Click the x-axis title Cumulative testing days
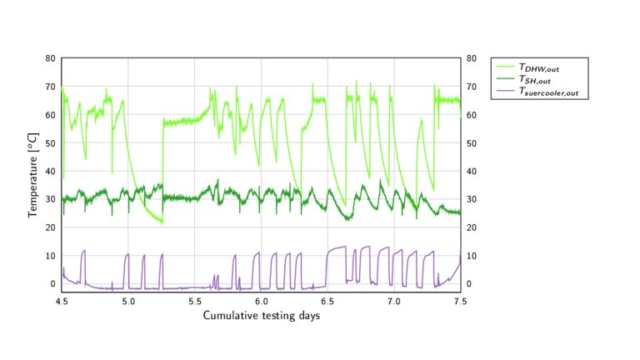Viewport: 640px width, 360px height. pyautogui.click(x=261, y=316)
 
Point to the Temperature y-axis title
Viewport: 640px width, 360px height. pyautogui.click(x=33, y=175)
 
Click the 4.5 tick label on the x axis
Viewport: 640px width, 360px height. pyautogui.click(x=62, y=302)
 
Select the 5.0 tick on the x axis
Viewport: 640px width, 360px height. pyautogui.click(x=128, y=302)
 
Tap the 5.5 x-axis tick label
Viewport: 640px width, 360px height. pyautogui.click(x=195, y=302)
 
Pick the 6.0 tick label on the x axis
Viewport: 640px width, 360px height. pyautogui.click(x=262, y=302)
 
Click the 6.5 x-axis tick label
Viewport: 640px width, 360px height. pyautogui.click(x=327, y=302)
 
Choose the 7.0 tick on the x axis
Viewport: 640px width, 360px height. pyautogui.click(x=394, y=302)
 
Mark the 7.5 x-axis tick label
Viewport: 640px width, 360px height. pyautogui.click(x=461, y=302)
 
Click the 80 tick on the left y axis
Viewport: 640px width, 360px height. pyautogui.click(x=51, y=59)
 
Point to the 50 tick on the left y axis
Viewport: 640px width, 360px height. pyautogui.click(x=51, y=143)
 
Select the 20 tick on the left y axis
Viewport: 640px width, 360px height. pyautogui.click(x=51, y=227)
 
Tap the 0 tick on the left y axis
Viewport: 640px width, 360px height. pyautogui.click(x=53, y=284)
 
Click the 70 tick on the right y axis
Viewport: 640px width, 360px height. pyautogui.click(x=472, y=87)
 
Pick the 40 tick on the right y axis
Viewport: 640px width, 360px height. pyautogui.click(x=472, y=172)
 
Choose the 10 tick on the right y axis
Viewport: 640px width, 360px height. pyautogui.click(x=472, y=256)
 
